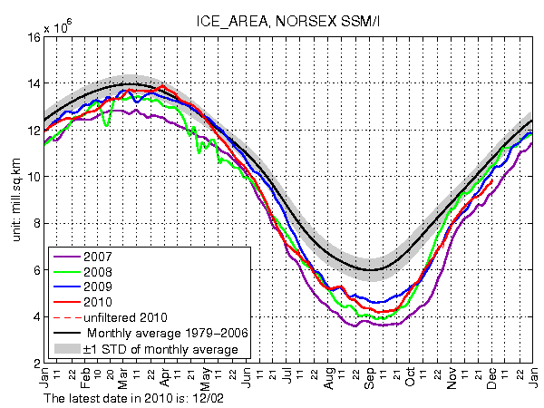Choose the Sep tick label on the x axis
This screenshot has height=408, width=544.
[x=372, y=381]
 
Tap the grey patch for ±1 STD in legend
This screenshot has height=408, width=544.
[x=68, y=348]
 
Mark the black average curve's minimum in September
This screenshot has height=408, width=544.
[x=371, y=269]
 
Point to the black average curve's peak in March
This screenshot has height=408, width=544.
[x=131, y=83]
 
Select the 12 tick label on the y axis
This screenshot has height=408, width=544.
[x=31, y=131]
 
